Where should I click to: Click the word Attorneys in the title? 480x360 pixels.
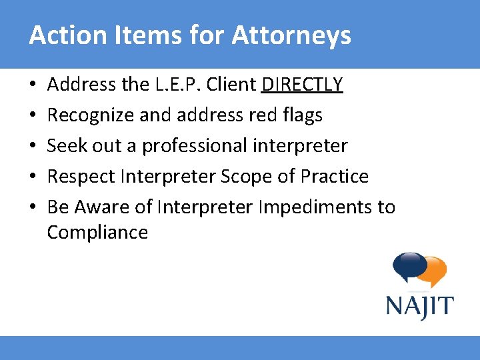291,36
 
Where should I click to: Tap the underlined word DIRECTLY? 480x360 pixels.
303,85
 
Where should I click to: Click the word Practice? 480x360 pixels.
335,176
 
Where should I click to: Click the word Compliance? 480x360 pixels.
97,233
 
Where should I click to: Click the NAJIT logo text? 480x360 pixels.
419,307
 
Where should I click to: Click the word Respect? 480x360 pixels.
81,176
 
